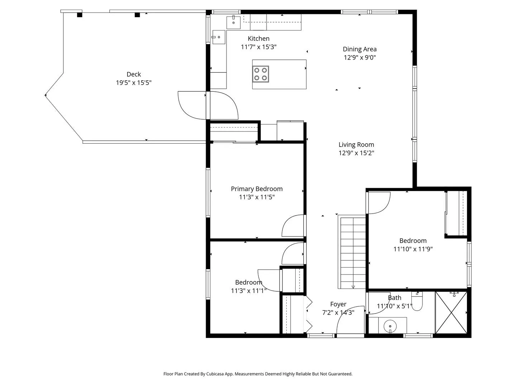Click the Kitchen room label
tap(258, 39)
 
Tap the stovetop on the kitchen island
tap(261, 74)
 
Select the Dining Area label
tap(359, 49)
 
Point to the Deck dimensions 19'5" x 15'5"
tap(134, 83)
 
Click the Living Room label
tap(356, 144)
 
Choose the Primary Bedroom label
tap(257, 189)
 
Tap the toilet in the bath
tap(417, 301)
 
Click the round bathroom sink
tap(390, 326)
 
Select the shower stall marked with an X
tap(451, 312)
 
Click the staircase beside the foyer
tap(352, 253)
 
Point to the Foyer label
tap(338, 304)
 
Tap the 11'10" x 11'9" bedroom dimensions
tap(413, 249)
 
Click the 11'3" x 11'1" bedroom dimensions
tap(248, 291)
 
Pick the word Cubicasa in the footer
tap(215, 374)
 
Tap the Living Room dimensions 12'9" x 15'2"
tap(356, 153)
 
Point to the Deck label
tap(134, 74)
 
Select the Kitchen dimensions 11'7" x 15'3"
tap(258, 47)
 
